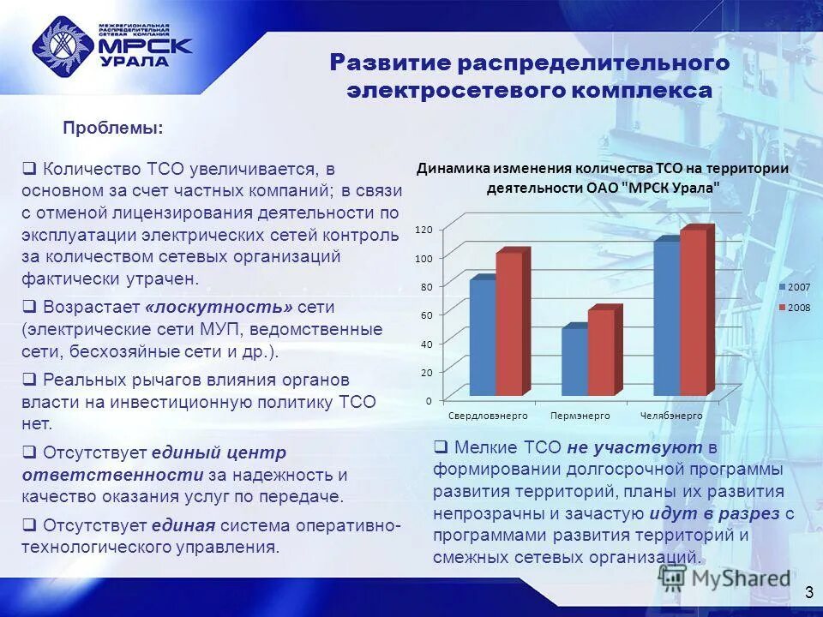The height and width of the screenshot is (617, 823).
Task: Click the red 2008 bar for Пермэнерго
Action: pos(601,352)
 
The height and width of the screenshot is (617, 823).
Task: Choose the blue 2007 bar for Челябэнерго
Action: pos(666,318)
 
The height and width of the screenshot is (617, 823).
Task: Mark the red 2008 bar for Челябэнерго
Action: pos(693,312)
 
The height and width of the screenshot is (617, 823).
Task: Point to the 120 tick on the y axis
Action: pos(424,229)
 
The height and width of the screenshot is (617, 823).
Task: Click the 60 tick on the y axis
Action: pos(426,315)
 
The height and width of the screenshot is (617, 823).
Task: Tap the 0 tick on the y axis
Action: pos(428,400)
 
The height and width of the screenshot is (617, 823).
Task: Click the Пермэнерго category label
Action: pos(580,416)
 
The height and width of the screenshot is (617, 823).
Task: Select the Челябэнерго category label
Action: pos(671,416)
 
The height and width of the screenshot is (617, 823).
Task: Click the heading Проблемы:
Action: pos(113,128)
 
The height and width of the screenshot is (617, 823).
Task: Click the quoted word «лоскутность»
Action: pos(219,306)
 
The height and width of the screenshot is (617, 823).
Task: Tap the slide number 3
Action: pos(808,593)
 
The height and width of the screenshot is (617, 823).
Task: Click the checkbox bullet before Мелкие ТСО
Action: pos(440,446)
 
